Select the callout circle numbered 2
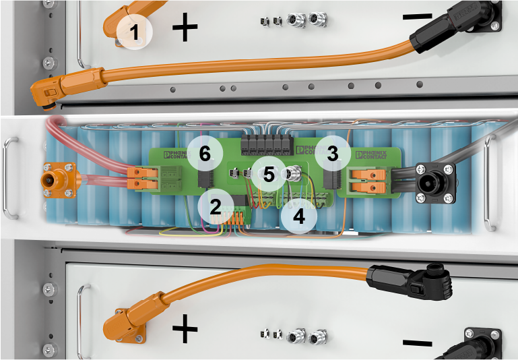pyautogui.click(x=215, y=206)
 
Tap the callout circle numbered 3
pyautogui.click(x=331, y=153)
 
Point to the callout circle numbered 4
pyautogui.click(x=298, y=217)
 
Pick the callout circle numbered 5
pyautogui.click(x=269, y=175)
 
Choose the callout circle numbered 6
pyautogui.click(x=205, y=153)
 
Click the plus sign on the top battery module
pyautogui.click(x=185, y=28)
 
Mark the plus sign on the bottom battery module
pyautogui.click(x=185, y=330)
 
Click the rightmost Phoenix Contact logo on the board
pyautogui.click(x=372, y=156)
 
